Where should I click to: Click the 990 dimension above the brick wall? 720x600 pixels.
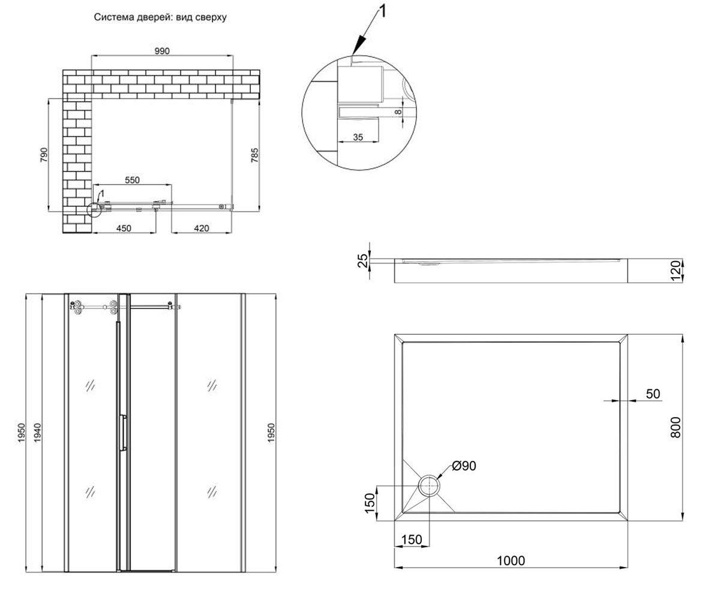pyautogui.click(x=162, y=51)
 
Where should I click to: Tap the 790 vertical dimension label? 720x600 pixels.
pyautogui.click(x=44, y=155)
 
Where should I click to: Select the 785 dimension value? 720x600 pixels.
pyautogui.click(x=254, y=155)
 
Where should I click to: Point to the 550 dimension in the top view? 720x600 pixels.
pyautogui.click(x=132, y=180)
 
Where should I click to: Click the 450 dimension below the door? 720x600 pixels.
pyautogui.click(x=124, y=228)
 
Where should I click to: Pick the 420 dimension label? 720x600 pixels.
pyautogui.click(x=202, y=228)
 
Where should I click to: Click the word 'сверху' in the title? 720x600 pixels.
pyautogui.click(x=211, y=17)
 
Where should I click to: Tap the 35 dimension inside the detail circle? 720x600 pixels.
pyautogui.click(x=358, y=137)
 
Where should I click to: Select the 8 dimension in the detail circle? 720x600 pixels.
pyautogui.click(x=398, y=112)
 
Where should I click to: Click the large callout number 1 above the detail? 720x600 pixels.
pyautogui.click(x=383, y=11)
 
